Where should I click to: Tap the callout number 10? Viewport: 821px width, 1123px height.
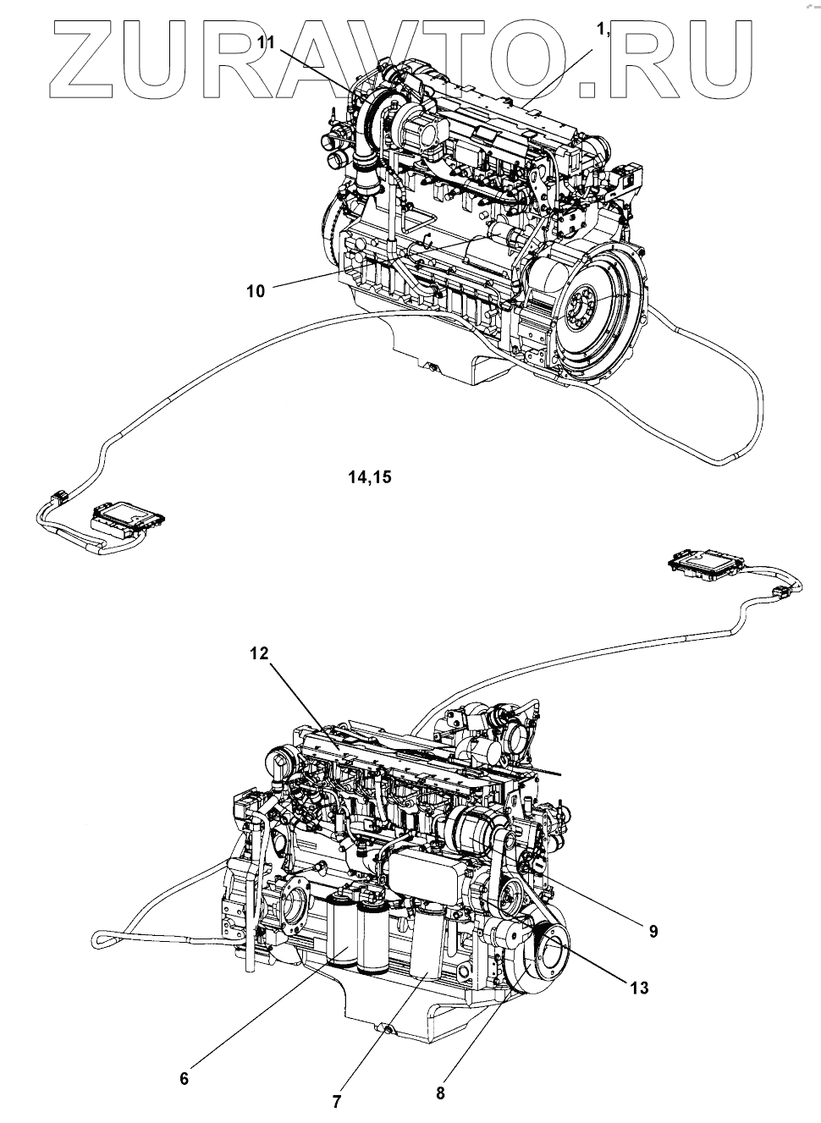[x=255, y=291]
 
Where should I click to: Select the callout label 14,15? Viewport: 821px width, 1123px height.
[x=370, y=477]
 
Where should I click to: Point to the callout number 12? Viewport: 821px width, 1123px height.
[x=259, y=653]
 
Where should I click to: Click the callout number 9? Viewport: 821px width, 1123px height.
[x=653, y=931]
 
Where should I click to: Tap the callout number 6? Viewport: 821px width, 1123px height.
[x=185, y=1078]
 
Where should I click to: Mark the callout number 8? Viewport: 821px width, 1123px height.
[x=440, y=1093]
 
